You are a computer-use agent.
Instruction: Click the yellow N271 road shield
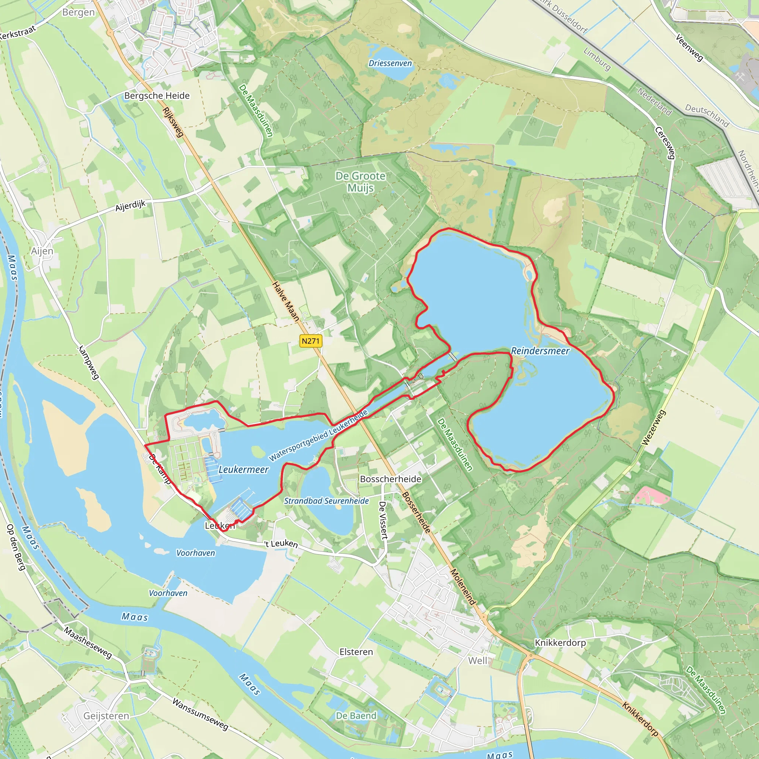(x=310, y=341)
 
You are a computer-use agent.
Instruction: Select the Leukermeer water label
(x=243, y=470)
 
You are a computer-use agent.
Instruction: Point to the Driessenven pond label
(x=390, y=63)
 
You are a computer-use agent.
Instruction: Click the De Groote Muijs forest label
(x=360, y=182)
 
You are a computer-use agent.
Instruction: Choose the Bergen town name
(x=78, y=13)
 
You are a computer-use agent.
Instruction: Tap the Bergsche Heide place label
(x=157, y=96)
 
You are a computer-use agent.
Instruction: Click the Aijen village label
(x=42, y=251)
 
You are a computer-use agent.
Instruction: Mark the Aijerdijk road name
(x=130, y=206)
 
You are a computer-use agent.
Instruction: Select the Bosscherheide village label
(x=391, y=479)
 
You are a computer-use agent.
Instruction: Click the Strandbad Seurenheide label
(x=326, y=501)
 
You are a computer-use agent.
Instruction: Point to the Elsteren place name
(x=356, y=652)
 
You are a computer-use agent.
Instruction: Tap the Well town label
(x=477, y=661)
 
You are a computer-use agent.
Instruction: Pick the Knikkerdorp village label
(x=560, y=643)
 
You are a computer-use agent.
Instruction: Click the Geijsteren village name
(x=106, y=716)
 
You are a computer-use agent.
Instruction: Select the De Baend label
(x=356, y=716)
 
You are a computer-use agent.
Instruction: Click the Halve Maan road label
(x=286, y=301)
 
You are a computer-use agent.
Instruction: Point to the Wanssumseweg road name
(x=200, y=714)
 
